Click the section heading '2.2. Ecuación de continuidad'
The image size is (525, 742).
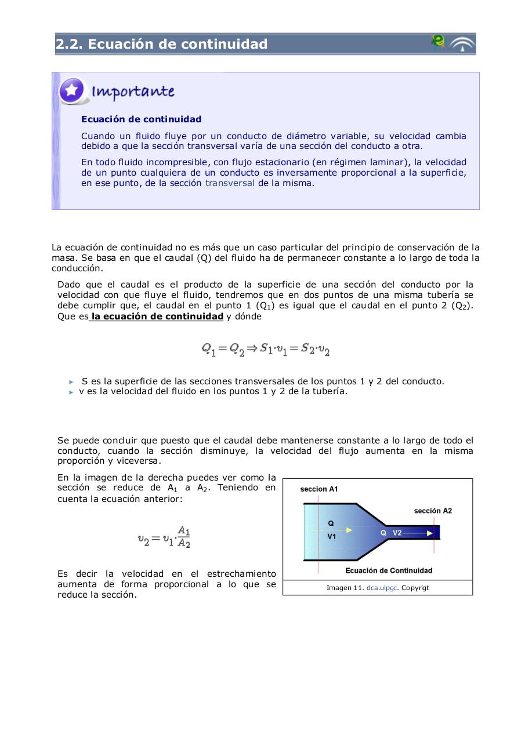[162, 44]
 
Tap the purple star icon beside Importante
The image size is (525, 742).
[72, 91]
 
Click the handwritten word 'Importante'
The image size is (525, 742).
[133, 92]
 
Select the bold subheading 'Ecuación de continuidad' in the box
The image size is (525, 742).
[141, 119]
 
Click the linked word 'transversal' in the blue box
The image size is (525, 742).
[230, 183]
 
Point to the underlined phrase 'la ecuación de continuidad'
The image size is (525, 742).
[157, 317]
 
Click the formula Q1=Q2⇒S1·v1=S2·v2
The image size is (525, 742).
[265, 349]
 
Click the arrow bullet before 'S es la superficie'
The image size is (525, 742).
[71, 382]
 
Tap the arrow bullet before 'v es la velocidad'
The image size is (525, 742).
[71, 392]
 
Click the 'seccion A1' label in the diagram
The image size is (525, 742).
[318, 489]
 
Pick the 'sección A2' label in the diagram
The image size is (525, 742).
[433, 511]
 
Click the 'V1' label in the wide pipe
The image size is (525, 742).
[332, 537]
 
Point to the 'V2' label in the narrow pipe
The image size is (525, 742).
[397, 533]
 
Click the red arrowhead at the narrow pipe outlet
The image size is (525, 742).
[430, 533]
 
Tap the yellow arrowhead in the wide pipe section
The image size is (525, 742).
[349, 530]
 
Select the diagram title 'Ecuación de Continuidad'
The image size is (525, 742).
[389, 570]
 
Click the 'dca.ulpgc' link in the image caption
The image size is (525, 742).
[382, 588]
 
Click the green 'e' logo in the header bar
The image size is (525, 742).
[438, 42]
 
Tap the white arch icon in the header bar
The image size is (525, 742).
[462, 45]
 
